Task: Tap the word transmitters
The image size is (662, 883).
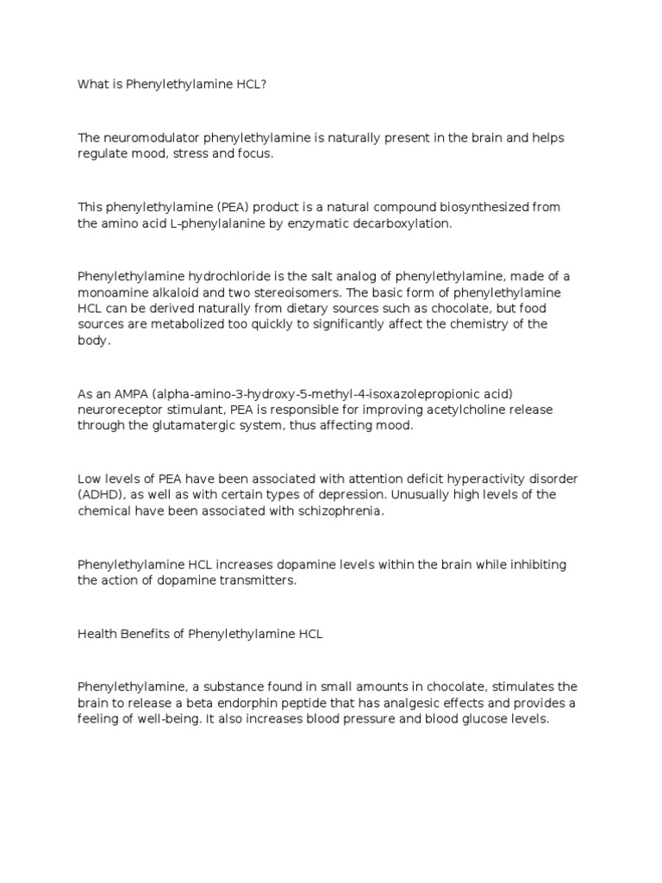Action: coord(253,580)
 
